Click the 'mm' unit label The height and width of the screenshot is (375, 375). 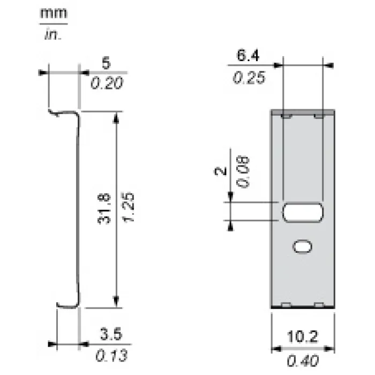pos(54,13)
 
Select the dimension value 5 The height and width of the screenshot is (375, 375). pos(107,63)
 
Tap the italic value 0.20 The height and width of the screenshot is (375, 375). pos(107,83)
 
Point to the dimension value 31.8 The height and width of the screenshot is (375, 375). pos(104,208)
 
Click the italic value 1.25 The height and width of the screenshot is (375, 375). pos(129,207)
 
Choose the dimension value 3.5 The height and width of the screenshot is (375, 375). pos(111,334)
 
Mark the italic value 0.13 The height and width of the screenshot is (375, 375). pos(111,356)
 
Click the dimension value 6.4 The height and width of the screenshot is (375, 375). pos(247,55)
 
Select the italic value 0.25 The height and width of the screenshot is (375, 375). pos(249,78)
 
